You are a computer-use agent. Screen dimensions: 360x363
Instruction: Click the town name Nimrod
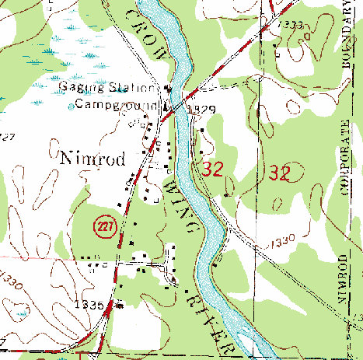click(91, 157)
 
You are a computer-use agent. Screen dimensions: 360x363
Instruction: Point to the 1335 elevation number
click(91, 306)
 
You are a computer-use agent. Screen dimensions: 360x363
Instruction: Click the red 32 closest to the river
click(213, 170)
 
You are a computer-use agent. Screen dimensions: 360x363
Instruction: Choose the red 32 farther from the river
click(279, 173)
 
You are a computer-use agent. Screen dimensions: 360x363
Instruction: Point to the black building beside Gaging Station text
click(166, 87)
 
